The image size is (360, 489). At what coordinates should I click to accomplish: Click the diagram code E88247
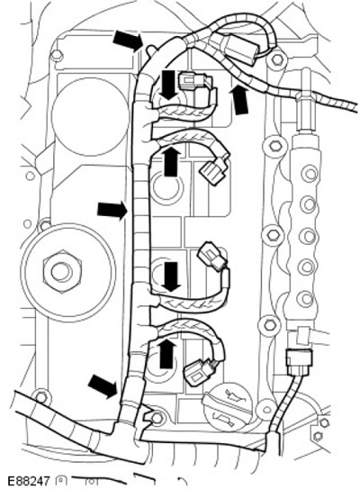pyautogui.click(x=28, y=481)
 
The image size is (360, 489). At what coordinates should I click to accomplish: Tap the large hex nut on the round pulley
pyautogui.click(x=61, y=271)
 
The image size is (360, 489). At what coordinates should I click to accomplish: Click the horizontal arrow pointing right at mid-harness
pyautogui.click(x=112, y=211)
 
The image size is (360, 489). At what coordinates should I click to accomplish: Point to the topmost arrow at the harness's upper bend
pyautogui.click(x=128, y=41)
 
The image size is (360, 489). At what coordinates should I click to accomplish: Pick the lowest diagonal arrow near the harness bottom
pyautogui.click(x=103, y=386)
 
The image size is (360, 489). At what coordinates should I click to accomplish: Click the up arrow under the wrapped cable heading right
pyautogui.click(x=240, y=100)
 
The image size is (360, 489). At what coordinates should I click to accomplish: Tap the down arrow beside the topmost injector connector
pyautogui.click(x=168, y=85)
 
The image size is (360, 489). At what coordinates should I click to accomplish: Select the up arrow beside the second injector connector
pyautogui.click(x=171, y=161)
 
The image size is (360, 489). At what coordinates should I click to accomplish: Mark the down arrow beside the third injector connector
pyautogui.click(x=172, y=276)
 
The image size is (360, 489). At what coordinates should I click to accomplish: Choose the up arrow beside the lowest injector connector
pyautogui.click(x=167, y=354)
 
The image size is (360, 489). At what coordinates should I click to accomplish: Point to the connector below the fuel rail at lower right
pyautogui.click(x=299, y=362)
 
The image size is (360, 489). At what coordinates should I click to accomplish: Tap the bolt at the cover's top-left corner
pyautogui.click(x=57, y=55)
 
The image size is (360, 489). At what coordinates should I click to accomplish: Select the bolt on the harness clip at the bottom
pyautogui.click(x=157, y=417)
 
